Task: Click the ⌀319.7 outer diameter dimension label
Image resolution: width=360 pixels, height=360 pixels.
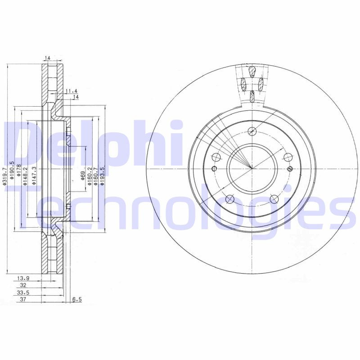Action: [x=4, y=176]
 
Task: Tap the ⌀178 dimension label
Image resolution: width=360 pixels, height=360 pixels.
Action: [x=19, y=170]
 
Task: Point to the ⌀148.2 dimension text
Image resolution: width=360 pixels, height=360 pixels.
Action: [x=26, y=174]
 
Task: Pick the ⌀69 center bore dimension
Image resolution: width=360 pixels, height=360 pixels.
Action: [x=83, y=175]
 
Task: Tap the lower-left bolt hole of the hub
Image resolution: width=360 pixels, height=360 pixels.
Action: [x=229, y=198]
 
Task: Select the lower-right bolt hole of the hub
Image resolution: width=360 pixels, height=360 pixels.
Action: [x=274, y=198]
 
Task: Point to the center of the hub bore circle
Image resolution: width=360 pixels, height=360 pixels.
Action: [x=252, y=168]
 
